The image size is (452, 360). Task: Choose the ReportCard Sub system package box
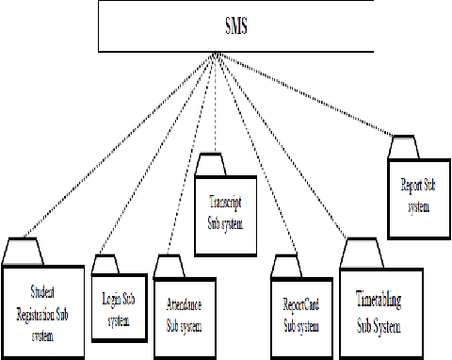(302, 312)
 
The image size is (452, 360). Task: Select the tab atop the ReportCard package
(283, 266)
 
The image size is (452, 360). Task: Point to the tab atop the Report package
(404, 147)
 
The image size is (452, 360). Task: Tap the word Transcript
(226, 201)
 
